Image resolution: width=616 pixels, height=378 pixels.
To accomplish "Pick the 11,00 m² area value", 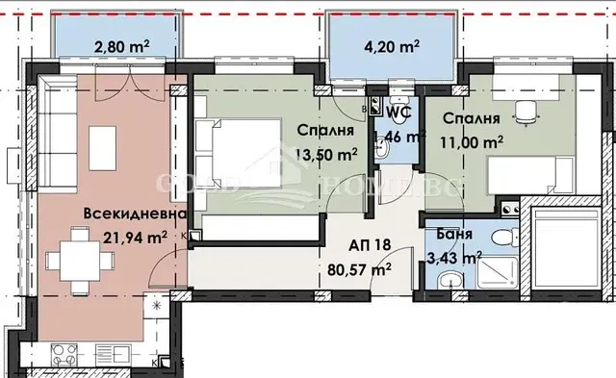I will click(x=472, y=141).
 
